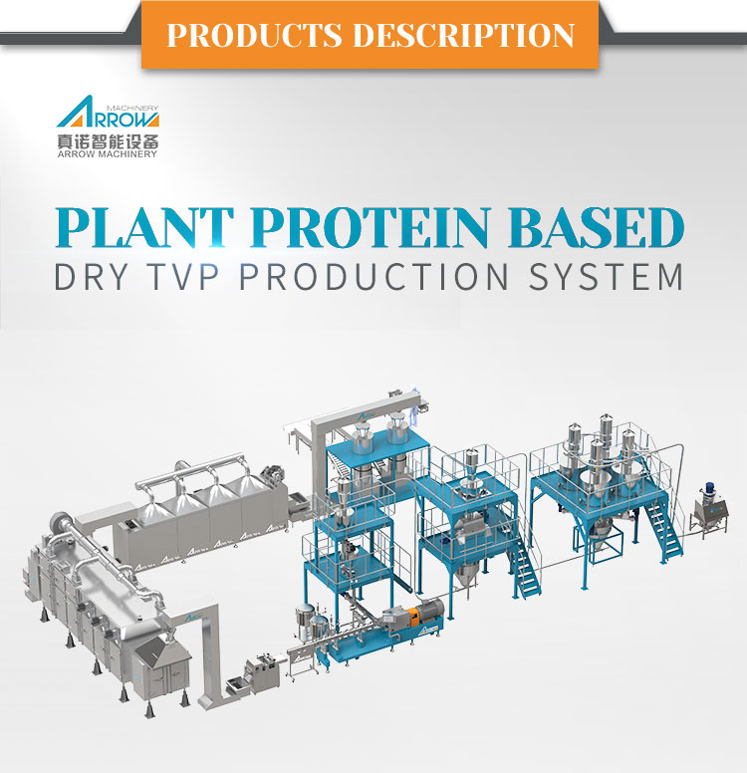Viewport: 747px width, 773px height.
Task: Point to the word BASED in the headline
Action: (598, 229)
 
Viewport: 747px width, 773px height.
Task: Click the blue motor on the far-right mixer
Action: (710, 490)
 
